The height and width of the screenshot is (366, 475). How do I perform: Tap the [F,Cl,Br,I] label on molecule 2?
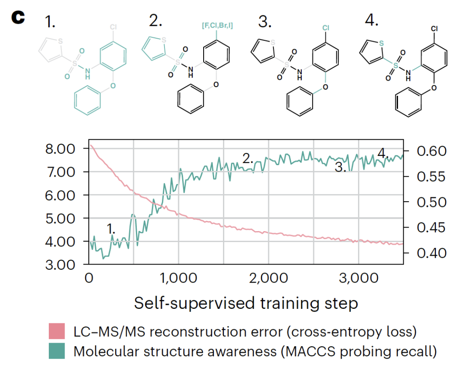click(x=217, y=26)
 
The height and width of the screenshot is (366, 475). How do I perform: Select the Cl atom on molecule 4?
click(x=434, y=29)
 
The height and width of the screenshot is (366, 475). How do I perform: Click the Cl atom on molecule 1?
click(x=113, y=27)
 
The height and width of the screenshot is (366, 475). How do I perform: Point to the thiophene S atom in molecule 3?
click(x=273, y=42)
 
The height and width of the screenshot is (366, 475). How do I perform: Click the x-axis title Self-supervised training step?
click(x=246, y=303)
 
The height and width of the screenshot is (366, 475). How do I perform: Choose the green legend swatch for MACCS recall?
click(x=57, y=352)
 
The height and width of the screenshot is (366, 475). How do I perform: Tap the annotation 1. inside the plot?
click(x=112, y=228)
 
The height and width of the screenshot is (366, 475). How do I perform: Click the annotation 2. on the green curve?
click(x=248, y=159)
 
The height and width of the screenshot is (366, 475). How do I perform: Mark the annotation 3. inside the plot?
click(x=340, y=167)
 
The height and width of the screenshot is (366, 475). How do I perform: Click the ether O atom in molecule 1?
click(x=113, y=86)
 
